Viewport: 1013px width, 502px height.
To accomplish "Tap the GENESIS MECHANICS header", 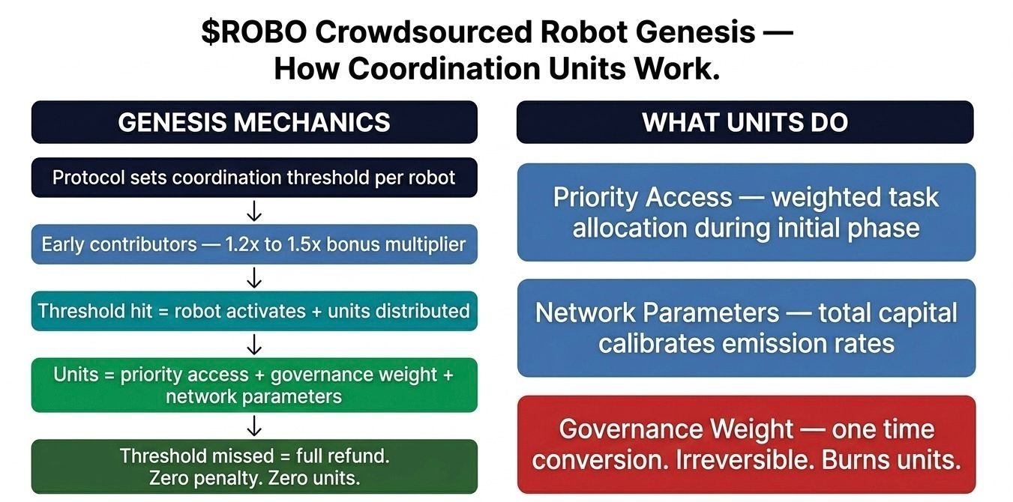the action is pos(254,122).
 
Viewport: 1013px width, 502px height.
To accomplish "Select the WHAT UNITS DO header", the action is pos(745,122).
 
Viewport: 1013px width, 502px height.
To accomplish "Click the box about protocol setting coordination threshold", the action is pos(254,178).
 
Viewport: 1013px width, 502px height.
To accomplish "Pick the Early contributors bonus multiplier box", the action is pos(254,244).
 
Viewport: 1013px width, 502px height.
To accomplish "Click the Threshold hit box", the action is pos(254,310).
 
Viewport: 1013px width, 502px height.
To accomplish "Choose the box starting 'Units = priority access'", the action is pos(254,385).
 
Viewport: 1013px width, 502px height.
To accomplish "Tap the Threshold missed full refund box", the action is pos(254,466).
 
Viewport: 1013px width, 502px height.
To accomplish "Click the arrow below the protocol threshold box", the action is pos(254,211).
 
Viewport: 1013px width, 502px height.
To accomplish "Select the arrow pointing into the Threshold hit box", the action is pos(254,278).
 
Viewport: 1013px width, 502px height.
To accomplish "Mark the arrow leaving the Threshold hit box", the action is pos(254,344).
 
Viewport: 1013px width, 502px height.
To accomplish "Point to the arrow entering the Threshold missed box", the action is pos(254,426).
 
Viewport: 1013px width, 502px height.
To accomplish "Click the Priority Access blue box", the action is pos(746,212).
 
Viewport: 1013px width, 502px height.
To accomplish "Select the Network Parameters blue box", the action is pos(746,327).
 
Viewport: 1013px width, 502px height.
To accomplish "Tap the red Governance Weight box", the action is pos(746,444).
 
